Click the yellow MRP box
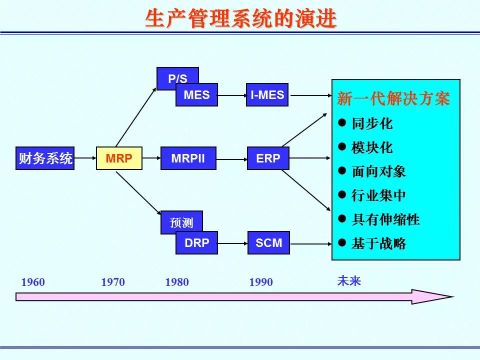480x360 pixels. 119,158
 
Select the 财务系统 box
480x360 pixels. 45,158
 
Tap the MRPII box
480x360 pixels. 188,158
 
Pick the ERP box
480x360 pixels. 268,158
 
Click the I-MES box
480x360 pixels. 267,95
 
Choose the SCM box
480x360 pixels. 269,243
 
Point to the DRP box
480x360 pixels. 196,243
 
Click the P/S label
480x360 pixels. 177,78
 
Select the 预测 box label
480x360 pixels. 181,223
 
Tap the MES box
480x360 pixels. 196,95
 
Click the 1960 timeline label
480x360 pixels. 33,282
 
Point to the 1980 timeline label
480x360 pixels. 177,282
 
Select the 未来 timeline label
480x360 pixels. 349,280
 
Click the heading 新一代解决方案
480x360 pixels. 393,98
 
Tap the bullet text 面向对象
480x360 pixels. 378,171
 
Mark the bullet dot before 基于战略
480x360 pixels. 342,243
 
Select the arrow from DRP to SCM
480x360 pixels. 232,243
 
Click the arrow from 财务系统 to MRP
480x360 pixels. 85,158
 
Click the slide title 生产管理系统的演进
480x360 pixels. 241,18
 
